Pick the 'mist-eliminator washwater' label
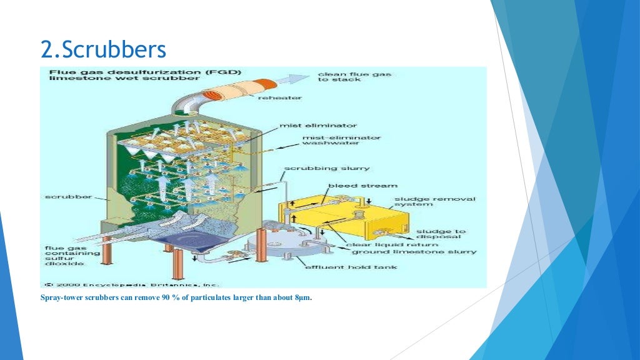(x=341, y=141)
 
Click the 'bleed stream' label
(x=362, y=186)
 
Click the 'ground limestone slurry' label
(x=414, y=252)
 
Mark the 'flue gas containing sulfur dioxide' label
(x=64, y=255)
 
